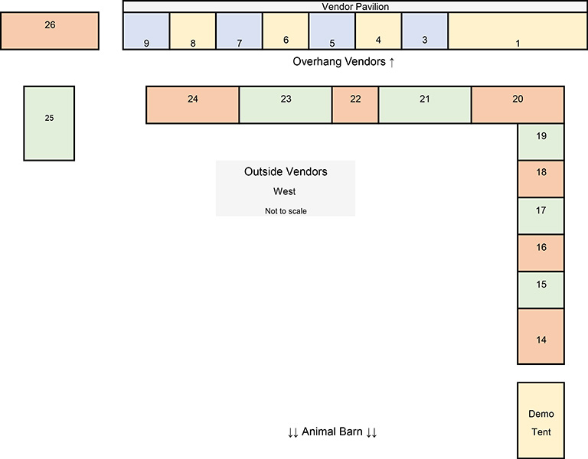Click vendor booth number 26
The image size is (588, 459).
pyautogui.click(x=50, y=31)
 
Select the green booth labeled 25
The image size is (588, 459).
pyautogui.click(x=49, y=123)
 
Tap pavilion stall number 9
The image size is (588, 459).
pyautogui.click(x=146, y=31)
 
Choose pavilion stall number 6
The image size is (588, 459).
pyautogui.click(x=286, y=31)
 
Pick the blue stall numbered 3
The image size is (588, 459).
pyautogui.click(x=425, y=31)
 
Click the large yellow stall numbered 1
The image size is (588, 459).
pyautogui.click(x=518, y=31)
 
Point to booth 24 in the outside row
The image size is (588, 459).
pyautogui.click(x=192, y=105)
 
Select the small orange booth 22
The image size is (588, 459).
pyautogui.click(x=355, y=105)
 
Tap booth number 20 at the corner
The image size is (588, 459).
pyautogui.click(x=518, y=105)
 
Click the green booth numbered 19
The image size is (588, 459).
pyautogui.click(x=541, y=142)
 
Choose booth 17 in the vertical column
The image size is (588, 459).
pyautogui.click(x=541, y=216)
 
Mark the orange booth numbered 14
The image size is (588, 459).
pyautogui.click(x=541, y=336)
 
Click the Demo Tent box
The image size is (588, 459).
pyautogui.click(x=541, y=421)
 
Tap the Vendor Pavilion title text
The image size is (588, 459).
pyautogui.click(x=355, y=7)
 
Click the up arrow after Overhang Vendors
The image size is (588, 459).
pyautogui.click(x=391, y=62)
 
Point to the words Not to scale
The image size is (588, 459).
pyautogui.click(x=286, y=211)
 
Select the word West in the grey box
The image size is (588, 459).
pyautogui.click(x=284, y=191)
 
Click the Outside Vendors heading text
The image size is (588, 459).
pyautogui.click(x=286, y=171)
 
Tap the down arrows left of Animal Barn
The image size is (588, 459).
pyautogui.click(x=293, y=432)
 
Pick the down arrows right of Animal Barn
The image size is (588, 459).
pyautogui.click(x=371, y=432)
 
